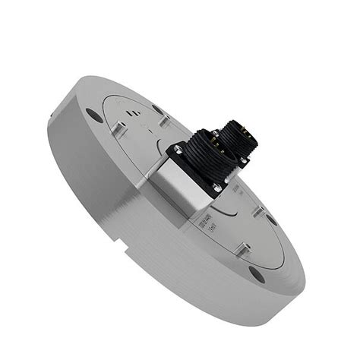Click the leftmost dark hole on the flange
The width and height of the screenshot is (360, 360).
(93, 115)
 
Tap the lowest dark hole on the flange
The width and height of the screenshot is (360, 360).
(257, 274)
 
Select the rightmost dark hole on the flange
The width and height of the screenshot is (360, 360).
(272, 219)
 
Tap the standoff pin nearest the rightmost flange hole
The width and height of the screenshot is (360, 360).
(258, 210)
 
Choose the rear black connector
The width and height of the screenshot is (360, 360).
(242, 141)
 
